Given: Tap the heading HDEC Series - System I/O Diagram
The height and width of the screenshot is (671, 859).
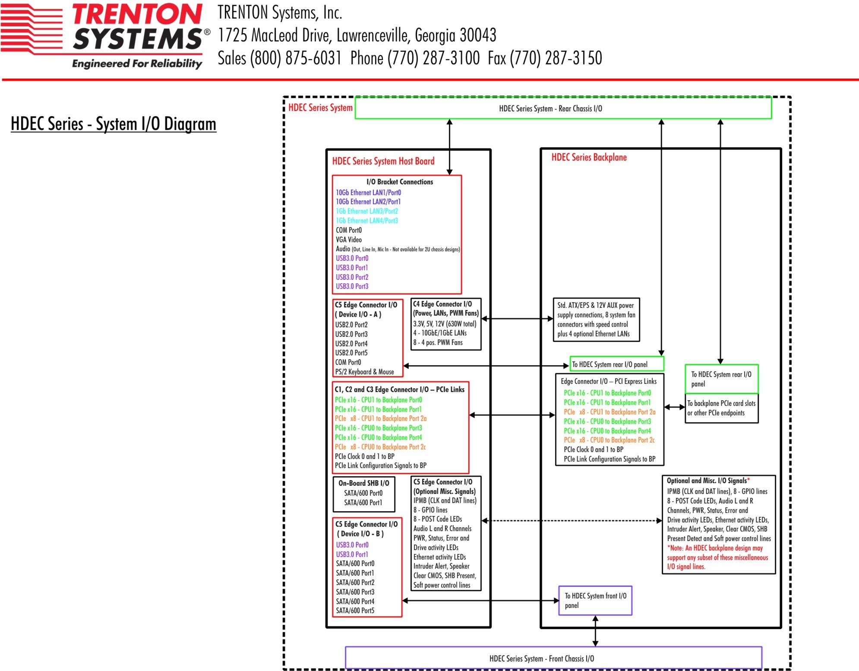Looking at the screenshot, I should click(114, 124).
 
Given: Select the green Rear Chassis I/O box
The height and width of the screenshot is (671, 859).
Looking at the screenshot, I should click(563, 108).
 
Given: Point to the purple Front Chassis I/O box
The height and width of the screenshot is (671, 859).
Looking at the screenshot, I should click(553, 658).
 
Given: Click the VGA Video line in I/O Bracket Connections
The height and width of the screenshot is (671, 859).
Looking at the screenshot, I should click(349, 240).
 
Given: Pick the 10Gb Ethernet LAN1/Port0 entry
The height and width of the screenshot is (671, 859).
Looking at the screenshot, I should click(368, 193).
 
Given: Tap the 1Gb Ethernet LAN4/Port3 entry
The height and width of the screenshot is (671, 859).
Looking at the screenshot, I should click(367, 221).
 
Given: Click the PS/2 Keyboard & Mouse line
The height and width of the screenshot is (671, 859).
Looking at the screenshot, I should click(364, 372).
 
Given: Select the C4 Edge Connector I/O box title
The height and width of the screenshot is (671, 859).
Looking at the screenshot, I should click(442, 304).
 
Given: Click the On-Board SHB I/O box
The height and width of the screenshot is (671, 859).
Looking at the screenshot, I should click(364, 493).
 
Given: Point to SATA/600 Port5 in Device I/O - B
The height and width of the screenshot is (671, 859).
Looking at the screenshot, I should click(355, 611).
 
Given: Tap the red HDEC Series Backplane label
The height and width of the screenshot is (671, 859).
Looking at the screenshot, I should click(589, 157).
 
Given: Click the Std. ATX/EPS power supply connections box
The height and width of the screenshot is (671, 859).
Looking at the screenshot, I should click(596, 320).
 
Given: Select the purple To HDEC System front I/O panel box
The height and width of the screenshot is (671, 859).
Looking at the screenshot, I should click(595, 601).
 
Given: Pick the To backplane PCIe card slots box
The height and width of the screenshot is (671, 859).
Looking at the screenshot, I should click(721, 408).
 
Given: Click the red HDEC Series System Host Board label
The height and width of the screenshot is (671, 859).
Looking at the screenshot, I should click(383, 161).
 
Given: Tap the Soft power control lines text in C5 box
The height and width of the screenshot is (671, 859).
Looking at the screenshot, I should click(442, 585).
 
